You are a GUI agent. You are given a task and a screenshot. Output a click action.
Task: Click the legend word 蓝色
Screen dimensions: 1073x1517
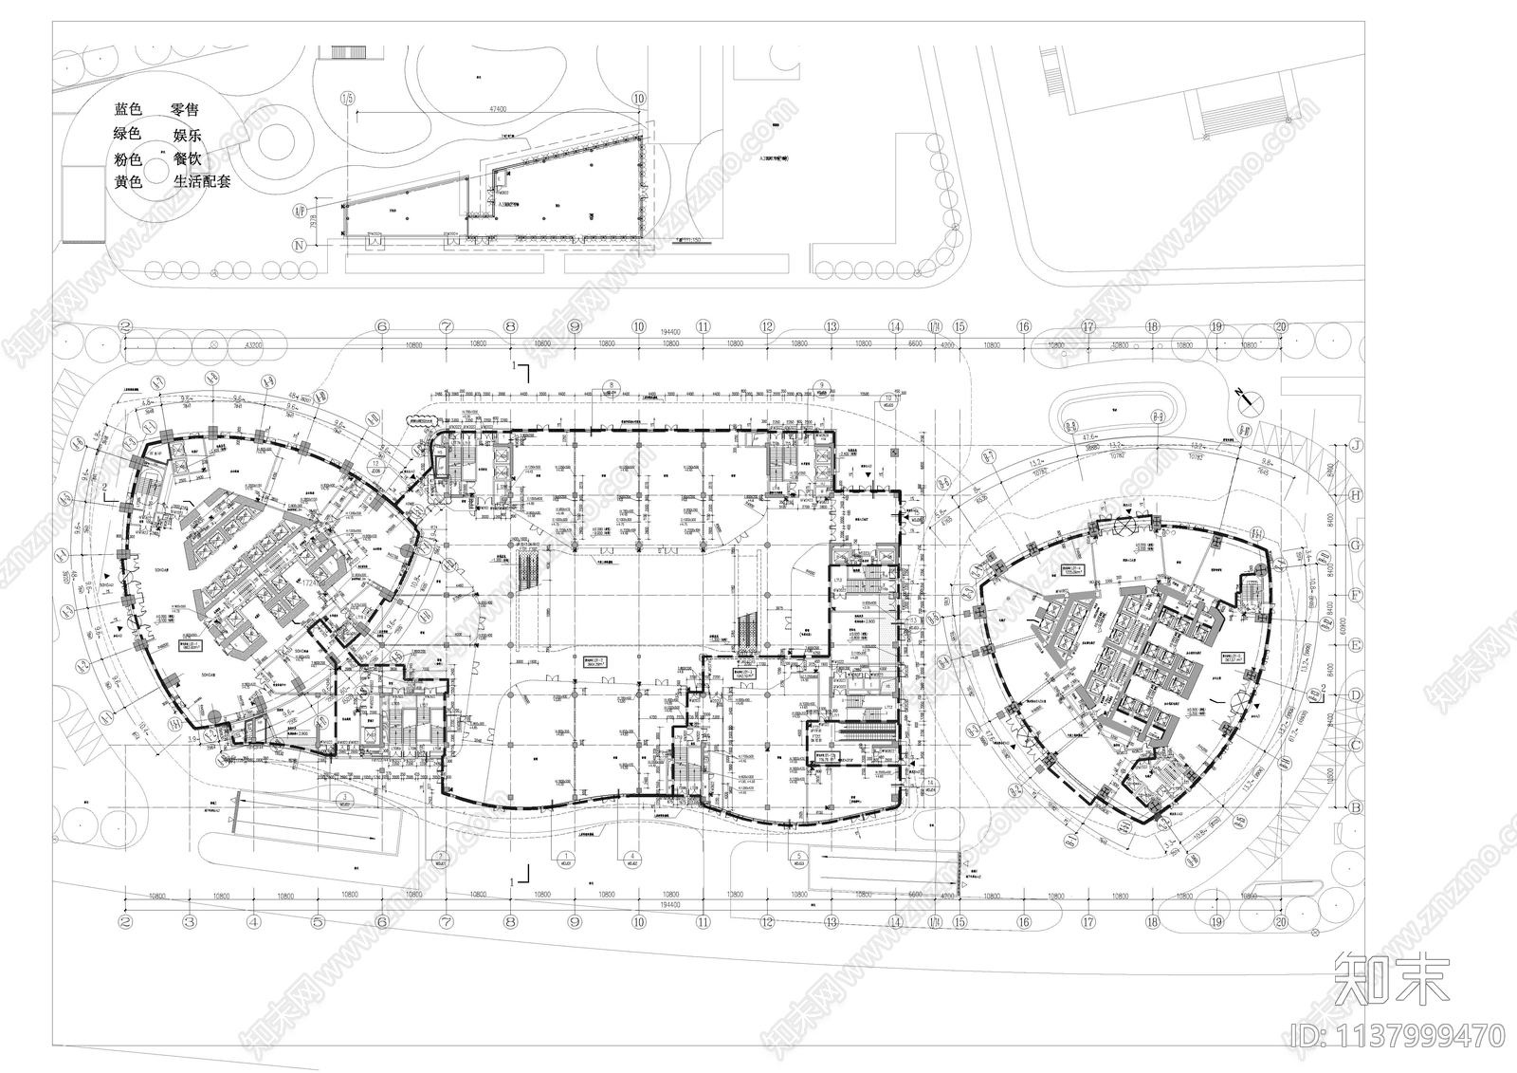(128, 110)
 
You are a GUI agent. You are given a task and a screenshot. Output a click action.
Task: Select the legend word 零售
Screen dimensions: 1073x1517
(186, 110)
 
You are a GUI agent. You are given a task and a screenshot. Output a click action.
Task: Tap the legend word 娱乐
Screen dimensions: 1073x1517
(187, 135)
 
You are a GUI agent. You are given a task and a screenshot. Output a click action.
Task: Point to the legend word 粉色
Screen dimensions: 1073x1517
(128, 158)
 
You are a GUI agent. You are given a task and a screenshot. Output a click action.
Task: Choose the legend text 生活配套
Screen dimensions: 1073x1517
(202, 181)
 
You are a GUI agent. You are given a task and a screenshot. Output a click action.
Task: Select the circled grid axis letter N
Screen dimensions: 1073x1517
(302, 246)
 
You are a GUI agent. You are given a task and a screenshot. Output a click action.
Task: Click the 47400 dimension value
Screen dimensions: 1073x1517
(498, 109)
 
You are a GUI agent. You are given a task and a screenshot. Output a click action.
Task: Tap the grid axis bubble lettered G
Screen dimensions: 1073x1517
(1357, 545)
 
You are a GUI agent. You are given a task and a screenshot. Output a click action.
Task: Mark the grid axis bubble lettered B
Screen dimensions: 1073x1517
(1357, 807)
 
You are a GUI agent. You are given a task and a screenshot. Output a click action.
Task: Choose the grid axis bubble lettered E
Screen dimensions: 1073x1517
(1357, 645)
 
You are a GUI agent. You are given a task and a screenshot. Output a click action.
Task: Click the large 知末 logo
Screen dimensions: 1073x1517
(1393, 979)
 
